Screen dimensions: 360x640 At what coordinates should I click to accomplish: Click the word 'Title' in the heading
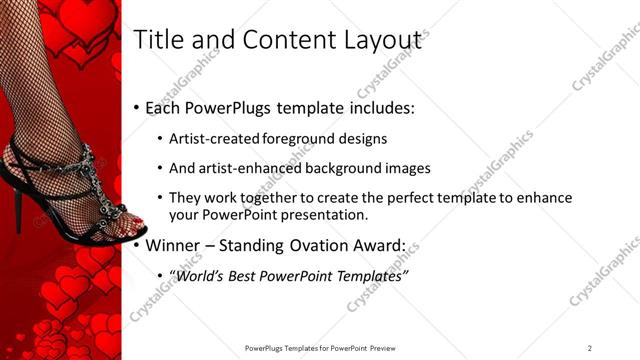click(160, 40)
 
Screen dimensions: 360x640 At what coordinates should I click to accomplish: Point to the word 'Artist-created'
click(211, 139)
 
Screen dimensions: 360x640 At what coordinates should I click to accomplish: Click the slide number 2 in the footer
click(590, 348)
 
